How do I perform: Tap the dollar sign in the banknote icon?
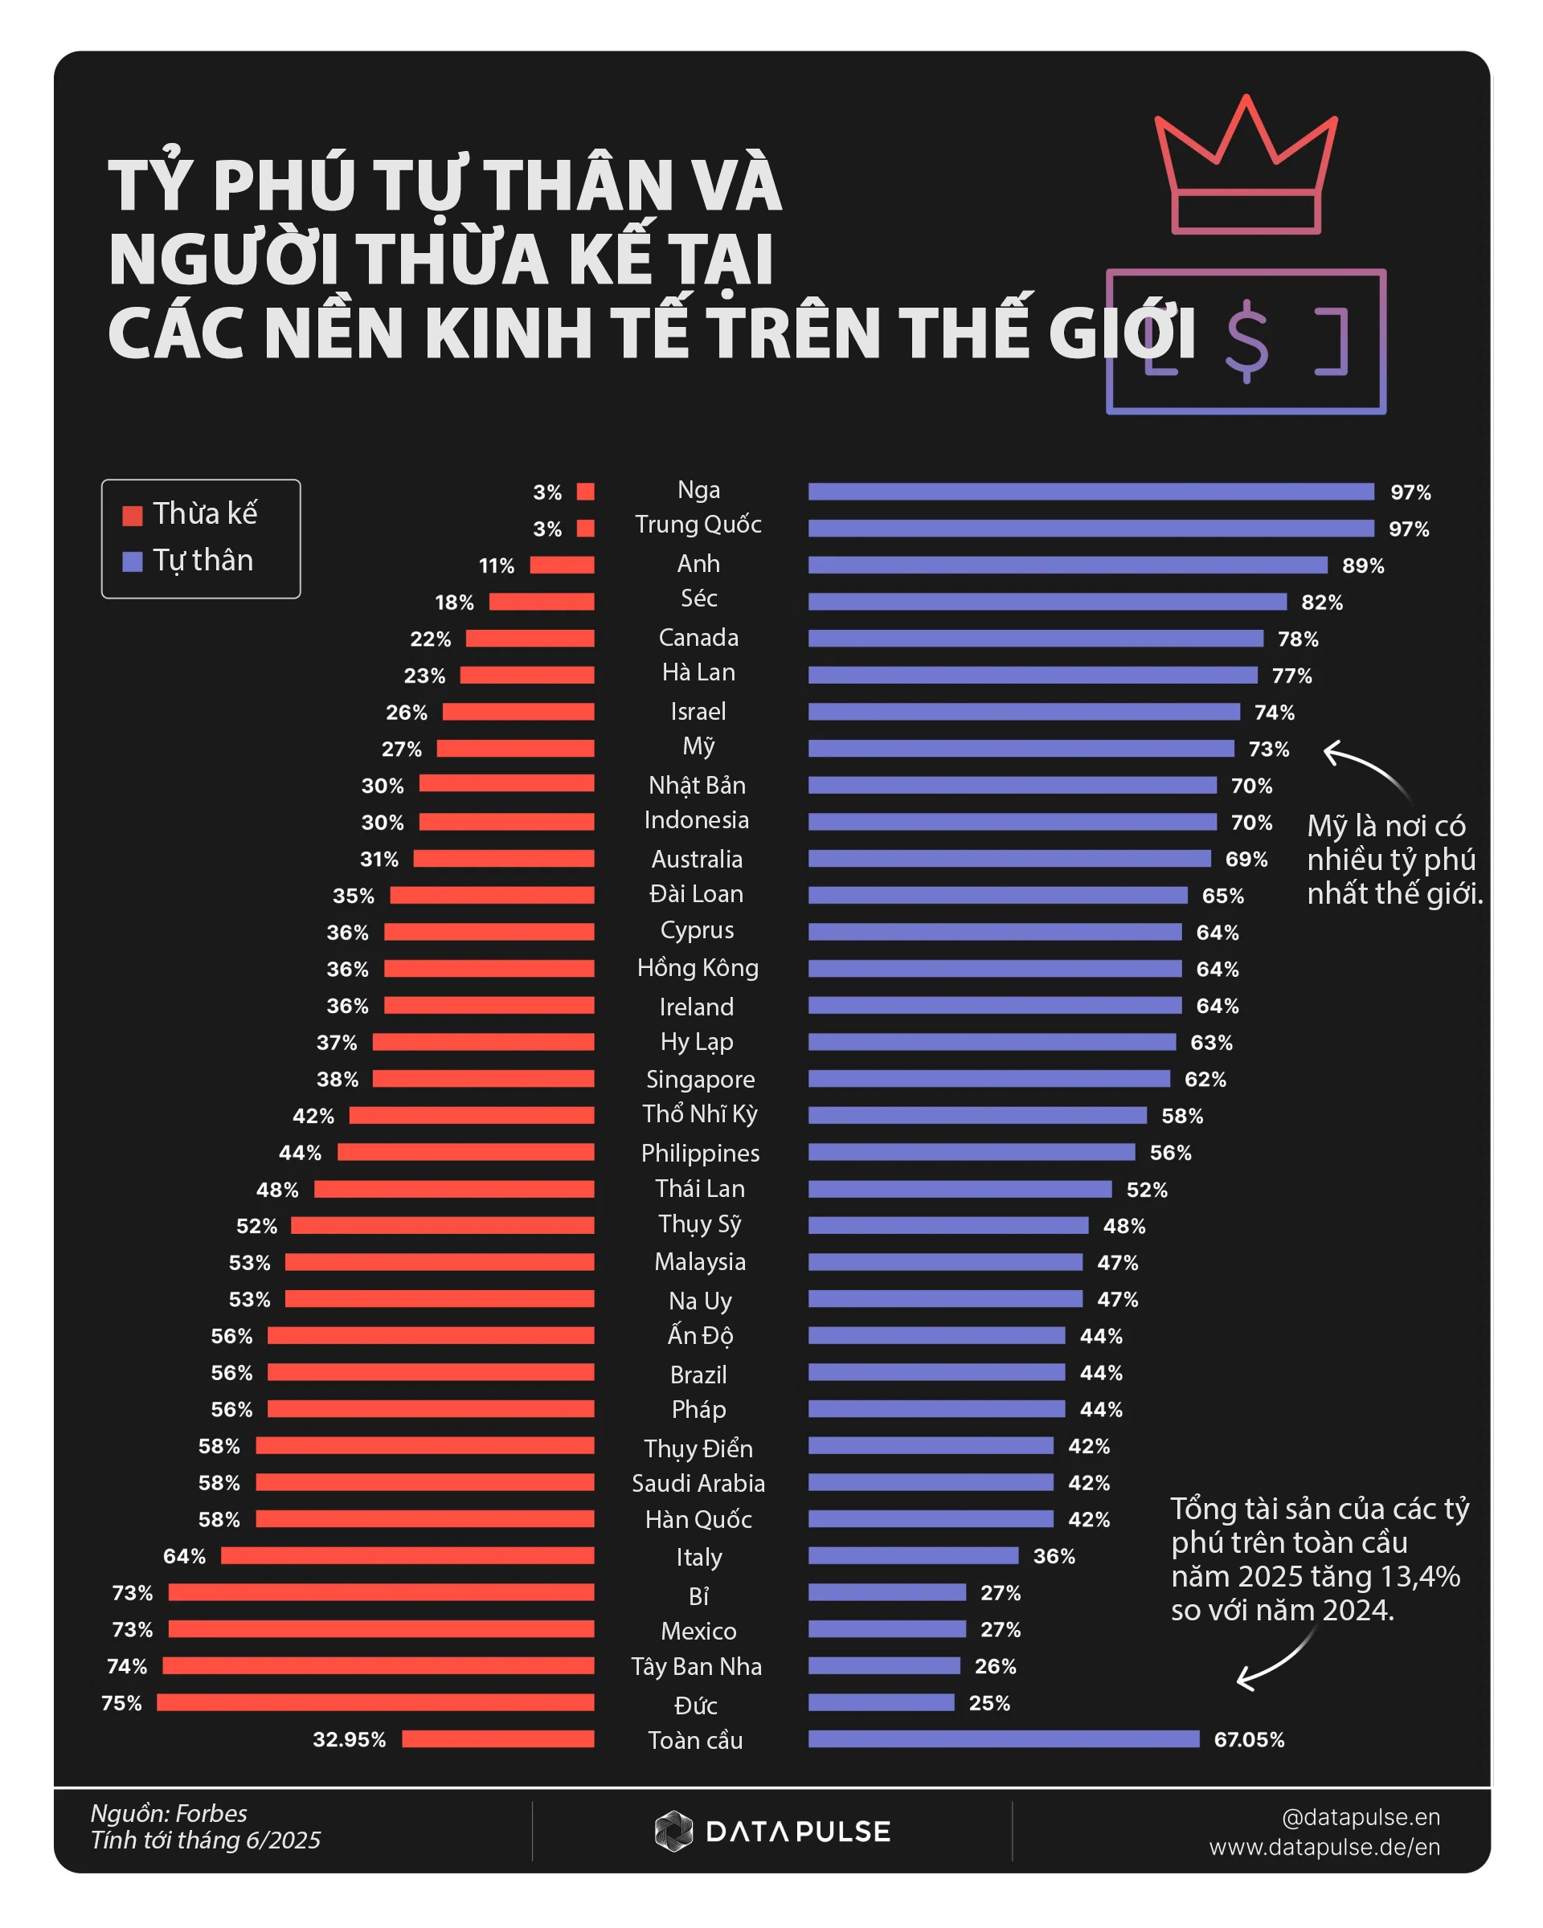(1246, 341)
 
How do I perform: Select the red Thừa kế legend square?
(133, 516)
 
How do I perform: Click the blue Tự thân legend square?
(133, 562)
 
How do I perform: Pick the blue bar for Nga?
(1091, 492)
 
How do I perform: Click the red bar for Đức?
(375, 1701)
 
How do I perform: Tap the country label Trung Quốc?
(698, 525)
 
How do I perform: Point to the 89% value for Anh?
(1362, 566)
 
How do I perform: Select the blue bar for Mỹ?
(1021, 749)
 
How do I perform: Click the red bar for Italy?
(408, 1555)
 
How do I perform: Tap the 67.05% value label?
(1249, 1739)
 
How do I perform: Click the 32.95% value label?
(349, 1739)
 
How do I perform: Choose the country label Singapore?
(701, 1080)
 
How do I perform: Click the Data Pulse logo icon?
(673, 1831)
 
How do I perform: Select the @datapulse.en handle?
(1361, 1816)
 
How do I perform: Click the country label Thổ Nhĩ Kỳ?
(699, 1114)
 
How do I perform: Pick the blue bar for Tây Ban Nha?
(884, 1665)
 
